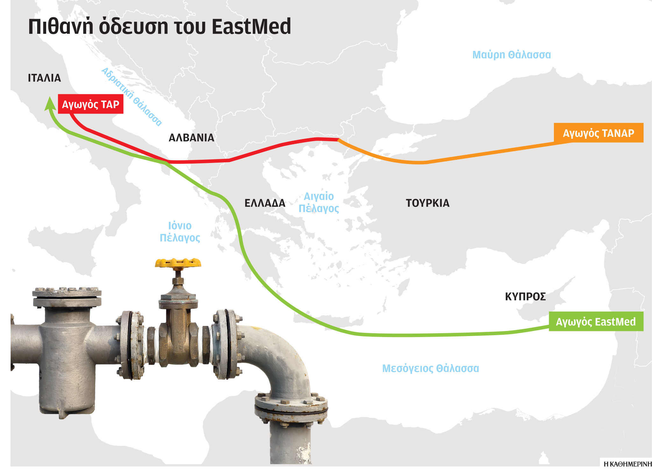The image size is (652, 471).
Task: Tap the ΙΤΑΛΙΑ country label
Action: [44, 78]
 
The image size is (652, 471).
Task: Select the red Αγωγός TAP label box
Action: [91, 104]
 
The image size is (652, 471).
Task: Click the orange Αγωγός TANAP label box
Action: [599, 133]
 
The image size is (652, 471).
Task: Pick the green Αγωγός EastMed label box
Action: [596, 322]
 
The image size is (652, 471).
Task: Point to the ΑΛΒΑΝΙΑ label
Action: [191, 138]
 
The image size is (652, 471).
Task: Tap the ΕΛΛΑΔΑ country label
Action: [265, 203]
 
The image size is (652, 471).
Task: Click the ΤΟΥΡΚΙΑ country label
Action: [428, 203]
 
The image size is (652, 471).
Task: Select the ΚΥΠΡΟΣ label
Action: [525, 297]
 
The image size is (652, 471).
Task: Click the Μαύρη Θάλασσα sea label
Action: [511, 55]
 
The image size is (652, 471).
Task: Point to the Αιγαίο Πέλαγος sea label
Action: [319, 202]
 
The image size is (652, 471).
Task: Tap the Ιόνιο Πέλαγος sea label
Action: [180, 232]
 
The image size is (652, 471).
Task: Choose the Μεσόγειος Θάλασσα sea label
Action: [430, 368]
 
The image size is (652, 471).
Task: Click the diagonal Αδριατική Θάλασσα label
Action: [132, 97]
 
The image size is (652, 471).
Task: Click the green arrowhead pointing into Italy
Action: [49, 103]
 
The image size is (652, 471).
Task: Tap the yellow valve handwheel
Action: [178, 263]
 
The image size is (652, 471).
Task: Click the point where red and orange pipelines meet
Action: [338, 139]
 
